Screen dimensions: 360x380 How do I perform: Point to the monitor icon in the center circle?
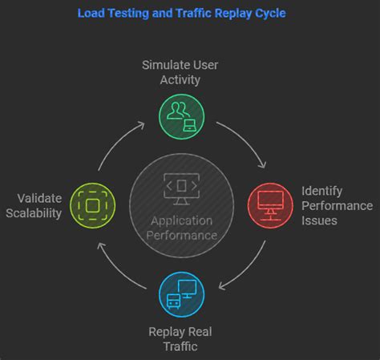pyautogui.click(x=180, y=186)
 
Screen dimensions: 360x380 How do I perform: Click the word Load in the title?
pyautogui.click(x=91, y=14)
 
